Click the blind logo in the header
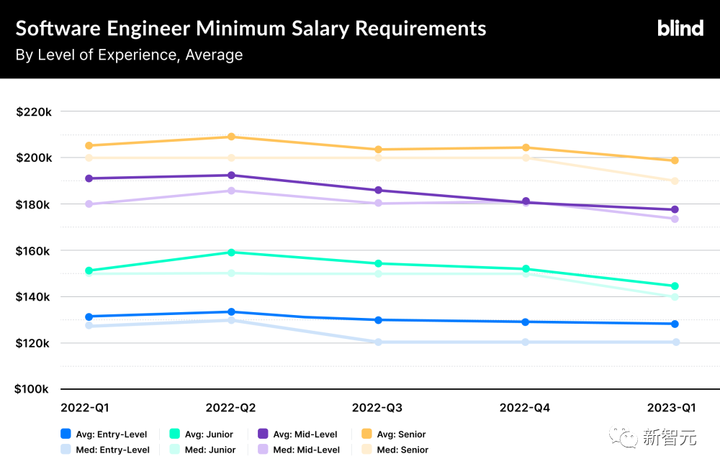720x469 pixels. click(680, 28)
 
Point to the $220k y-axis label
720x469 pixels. click(34, 111)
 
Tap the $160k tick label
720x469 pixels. click(34, 250)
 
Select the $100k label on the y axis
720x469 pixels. click(34, 389)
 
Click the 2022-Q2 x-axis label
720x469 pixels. click(230, 408)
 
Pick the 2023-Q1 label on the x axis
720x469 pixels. click(671, 408)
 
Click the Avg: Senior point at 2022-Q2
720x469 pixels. click(231, 137)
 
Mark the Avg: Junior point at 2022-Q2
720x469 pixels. click(231, 252)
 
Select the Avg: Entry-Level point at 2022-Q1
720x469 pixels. click(89, 317)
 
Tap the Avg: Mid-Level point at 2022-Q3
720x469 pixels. click(379, 191)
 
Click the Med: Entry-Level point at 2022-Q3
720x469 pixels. click(379, 342)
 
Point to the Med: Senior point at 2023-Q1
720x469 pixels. click(675, 181)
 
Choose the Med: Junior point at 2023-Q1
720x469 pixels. click(675, 297)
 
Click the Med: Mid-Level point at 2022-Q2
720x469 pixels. click(231, 191)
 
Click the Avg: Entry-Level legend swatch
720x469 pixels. click(66, 434)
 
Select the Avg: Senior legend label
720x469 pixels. click(402, 434)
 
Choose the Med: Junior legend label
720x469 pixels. click(210, 450)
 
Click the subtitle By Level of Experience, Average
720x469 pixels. click(129, 55)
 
